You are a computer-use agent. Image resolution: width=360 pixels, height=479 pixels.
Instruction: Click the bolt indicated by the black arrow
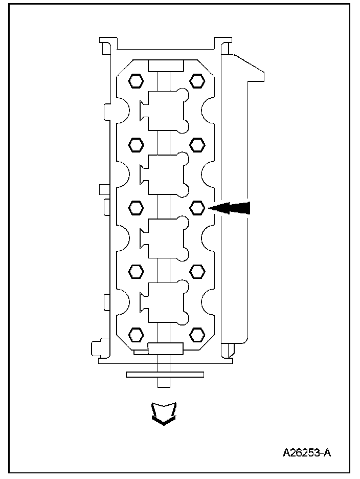coord(197,208)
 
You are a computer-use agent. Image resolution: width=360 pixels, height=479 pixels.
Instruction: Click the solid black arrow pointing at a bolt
coord(229,208)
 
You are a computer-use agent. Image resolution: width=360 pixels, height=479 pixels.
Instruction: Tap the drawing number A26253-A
coord(307,452)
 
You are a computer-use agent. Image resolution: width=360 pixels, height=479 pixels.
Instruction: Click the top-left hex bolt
coord(136,81)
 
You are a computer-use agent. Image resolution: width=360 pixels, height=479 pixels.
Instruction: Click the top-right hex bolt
coord(197,81)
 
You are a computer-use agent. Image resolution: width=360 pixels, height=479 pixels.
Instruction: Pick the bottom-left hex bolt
coord(136,335)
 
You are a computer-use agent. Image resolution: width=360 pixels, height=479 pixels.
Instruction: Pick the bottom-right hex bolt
coord(197,335)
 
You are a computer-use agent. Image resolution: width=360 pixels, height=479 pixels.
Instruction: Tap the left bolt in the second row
coord(136,145)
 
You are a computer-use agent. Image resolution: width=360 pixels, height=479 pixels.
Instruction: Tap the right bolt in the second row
coord(197,145)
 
